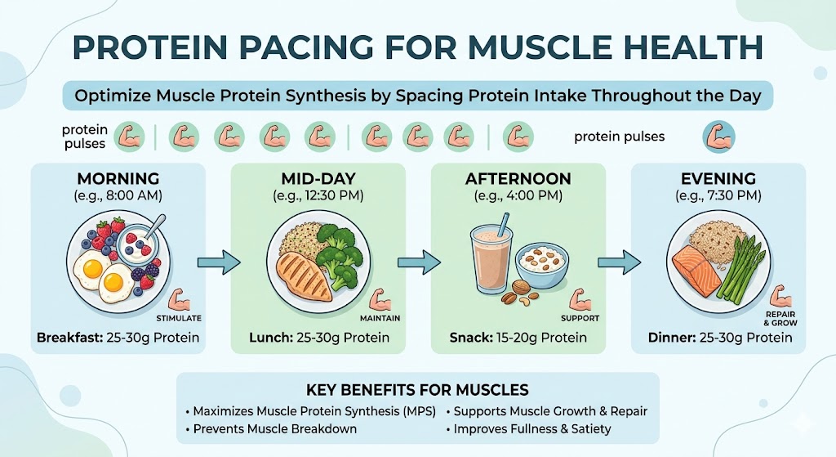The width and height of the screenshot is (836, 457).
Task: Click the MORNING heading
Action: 118,179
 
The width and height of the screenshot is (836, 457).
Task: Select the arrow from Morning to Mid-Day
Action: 220,262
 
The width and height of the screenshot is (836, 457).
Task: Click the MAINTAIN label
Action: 376,318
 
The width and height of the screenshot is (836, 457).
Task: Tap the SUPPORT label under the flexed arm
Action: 580,318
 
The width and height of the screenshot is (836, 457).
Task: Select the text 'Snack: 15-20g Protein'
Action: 518,338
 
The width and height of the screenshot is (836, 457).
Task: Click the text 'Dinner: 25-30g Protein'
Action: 719,338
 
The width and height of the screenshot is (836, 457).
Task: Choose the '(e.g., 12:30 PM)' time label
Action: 318,195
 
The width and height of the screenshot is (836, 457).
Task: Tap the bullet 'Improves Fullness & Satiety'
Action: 528,428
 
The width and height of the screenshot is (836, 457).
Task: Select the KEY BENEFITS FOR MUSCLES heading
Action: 417,389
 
